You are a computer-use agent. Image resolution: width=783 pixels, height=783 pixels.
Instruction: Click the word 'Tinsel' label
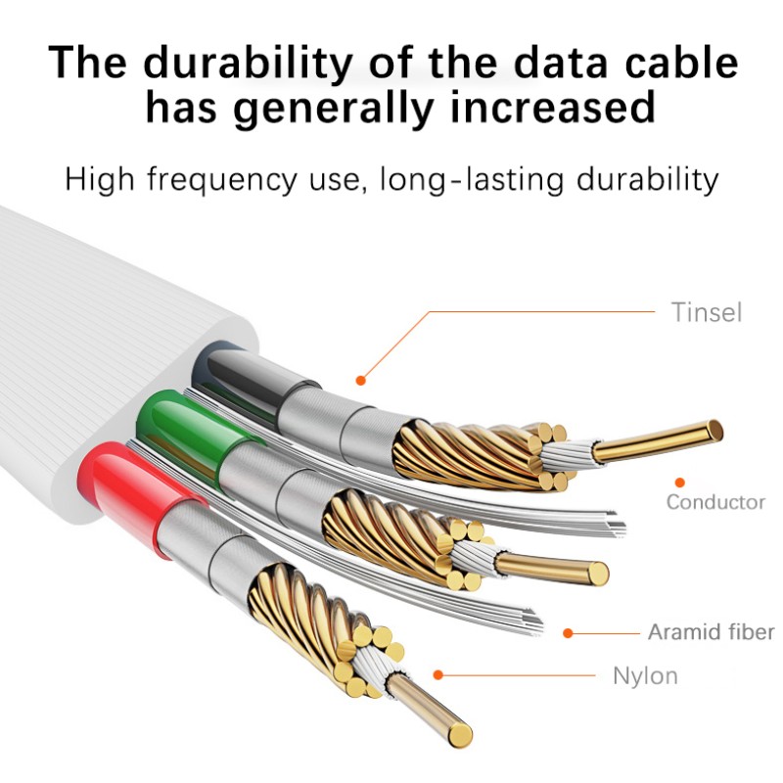(706, 312)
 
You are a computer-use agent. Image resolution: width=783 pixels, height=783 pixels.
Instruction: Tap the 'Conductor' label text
(715, 502)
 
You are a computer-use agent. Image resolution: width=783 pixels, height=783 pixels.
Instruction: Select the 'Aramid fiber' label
(712, 632)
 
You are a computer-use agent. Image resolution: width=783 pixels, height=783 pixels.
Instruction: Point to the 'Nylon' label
(645, 676)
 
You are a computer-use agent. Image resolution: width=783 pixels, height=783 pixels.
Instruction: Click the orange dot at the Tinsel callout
(360, 381)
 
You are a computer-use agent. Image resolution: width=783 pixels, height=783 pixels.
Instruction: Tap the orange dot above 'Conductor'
(679, 483)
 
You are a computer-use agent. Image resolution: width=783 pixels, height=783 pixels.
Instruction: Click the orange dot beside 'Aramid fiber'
(568, 633)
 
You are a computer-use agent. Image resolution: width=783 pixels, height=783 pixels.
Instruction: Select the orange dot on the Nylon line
(438, 675)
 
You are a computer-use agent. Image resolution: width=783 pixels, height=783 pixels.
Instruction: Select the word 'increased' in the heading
(552, 108)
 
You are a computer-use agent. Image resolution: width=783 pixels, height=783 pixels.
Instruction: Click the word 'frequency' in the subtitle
(222, 180)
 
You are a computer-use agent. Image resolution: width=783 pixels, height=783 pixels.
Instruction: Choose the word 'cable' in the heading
(681, 63)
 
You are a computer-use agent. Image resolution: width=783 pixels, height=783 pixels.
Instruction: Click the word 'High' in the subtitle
(100, 179)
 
